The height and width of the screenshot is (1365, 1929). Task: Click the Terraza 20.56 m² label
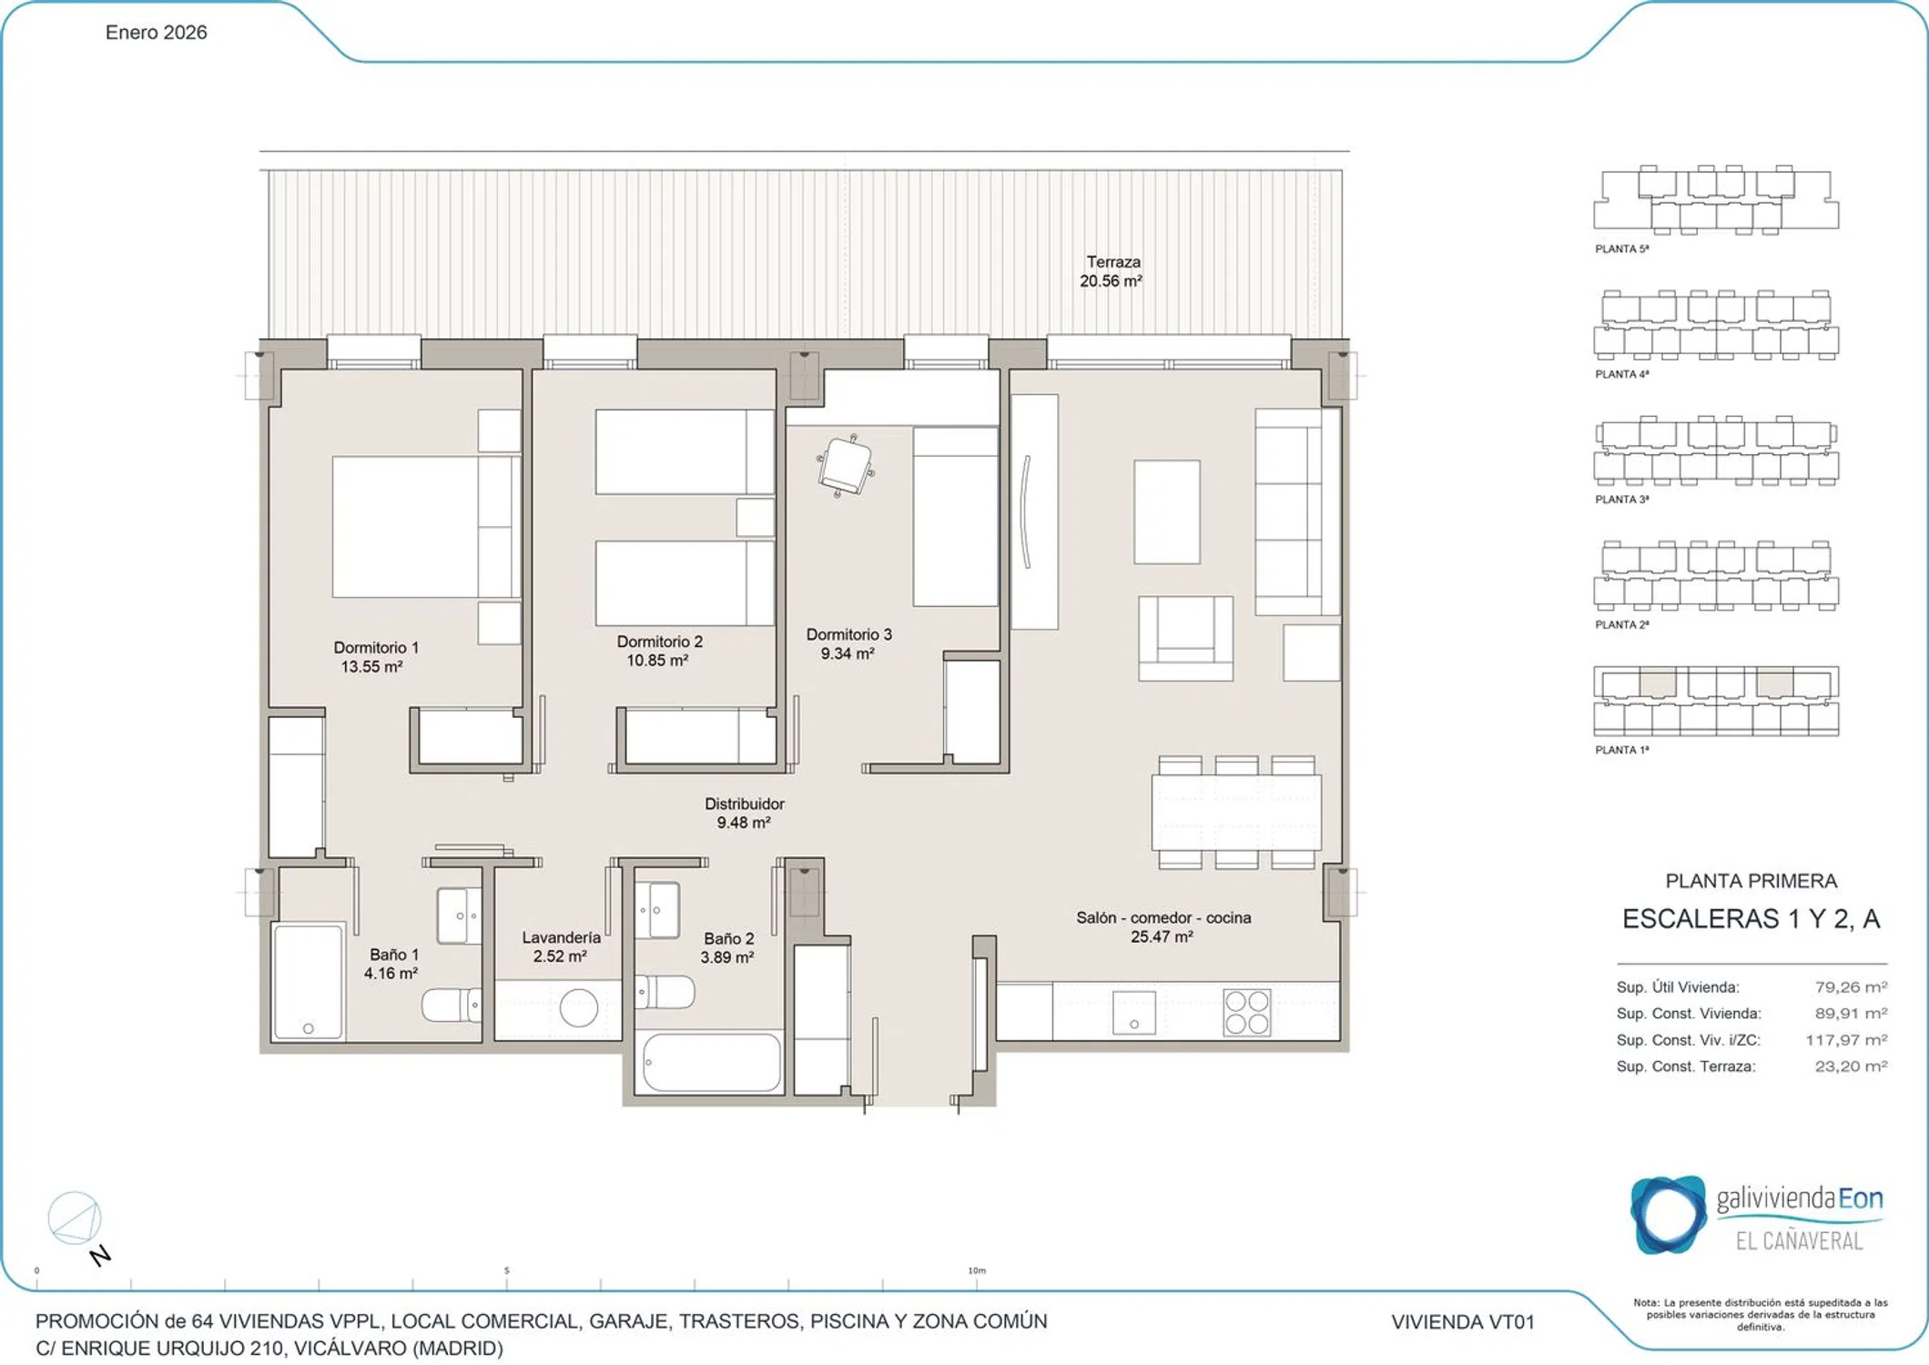[x=1111, y=271]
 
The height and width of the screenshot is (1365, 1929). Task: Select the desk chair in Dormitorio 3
[x=846, y=465]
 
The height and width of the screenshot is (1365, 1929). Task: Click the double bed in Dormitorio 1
[x=426, y=527]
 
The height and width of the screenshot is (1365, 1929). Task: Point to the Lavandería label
[x=561, y=936]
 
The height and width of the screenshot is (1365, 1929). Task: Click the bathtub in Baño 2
[x=712, y=1062]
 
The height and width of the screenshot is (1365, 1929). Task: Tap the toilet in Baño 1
[x=452, y=1005]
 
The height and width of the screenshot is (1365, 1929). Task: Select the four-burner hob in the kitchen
[x=1247, y=1012]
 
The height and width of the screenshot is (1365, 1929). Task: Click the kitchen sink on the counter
[x=1133, y=1012]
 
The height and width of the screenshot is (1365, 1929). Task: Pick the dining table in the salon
[x=1236, y=812]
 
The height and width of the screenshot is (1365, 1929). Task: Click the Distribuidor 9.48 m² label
[x=744, y=813]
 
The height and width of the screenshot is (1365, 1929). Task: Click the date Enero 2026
[x=156, y=33]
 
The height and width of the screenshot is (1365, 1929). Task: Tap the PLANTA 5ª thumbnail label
[x=1621, y=248]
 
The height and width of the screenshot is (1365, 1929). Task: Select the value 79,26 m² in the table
[x=1851, y=986]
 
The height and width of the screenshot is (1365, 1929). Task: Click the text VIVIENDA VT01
[x=1462, y=1321]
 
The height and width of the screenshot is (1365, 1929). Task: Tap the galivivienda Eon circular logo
[x=1668, y=1215]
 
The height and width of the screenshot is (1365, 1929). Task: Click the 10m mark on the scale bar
[x=976, y=1270]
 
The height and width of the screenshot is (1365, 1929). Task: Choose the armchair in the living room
[x=1185, y=638]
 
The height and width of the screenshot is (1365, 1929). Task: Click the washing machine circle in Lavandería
[x=578, y=1007]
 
